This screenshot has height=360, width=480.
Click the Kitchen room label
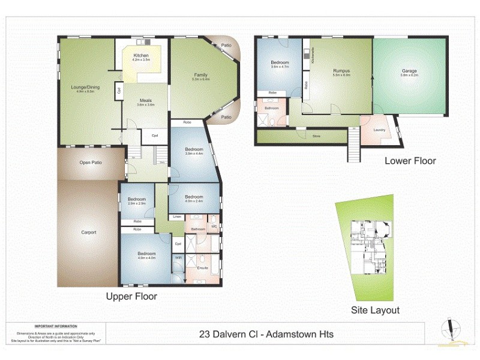pyautogui.click(x=140, y=55)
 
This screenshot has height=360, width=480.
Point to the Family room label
pyautogui.click(x=200, y=76)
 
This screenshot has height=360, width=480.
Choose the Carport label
pyautogui.click(x=88, y=232)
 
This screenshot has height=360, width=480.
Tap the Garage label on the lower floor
pyautogui.click(x=409, y=71)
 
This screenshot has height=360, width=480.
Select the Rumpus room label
pyautogui.click(x=341, y=71)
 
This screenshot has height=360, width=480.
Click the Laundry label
pyautogui.click(x=379, y=130)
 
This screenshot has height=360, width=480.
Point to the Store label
pyautogui.click(x=316, y=137)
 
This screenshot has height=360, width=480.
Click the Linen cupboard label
pyautogui.click(x=177, y=216)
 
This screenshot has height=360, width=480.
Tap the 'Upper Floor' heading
pyautogui.click(x=131, y=296)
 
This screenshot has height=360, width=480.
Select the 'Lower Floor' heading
pyautogui.click(x=410, y=161)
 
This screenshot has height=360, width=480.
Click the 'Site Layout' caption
pyautogui.click(x=375, y=310)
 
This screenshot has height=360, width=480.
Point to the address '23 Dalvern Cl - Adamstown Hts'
pyautogui.click(x=266, y=334)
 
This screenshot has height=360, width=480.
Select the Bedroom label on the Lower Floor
pyautogui.click(x=280, y=63)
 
